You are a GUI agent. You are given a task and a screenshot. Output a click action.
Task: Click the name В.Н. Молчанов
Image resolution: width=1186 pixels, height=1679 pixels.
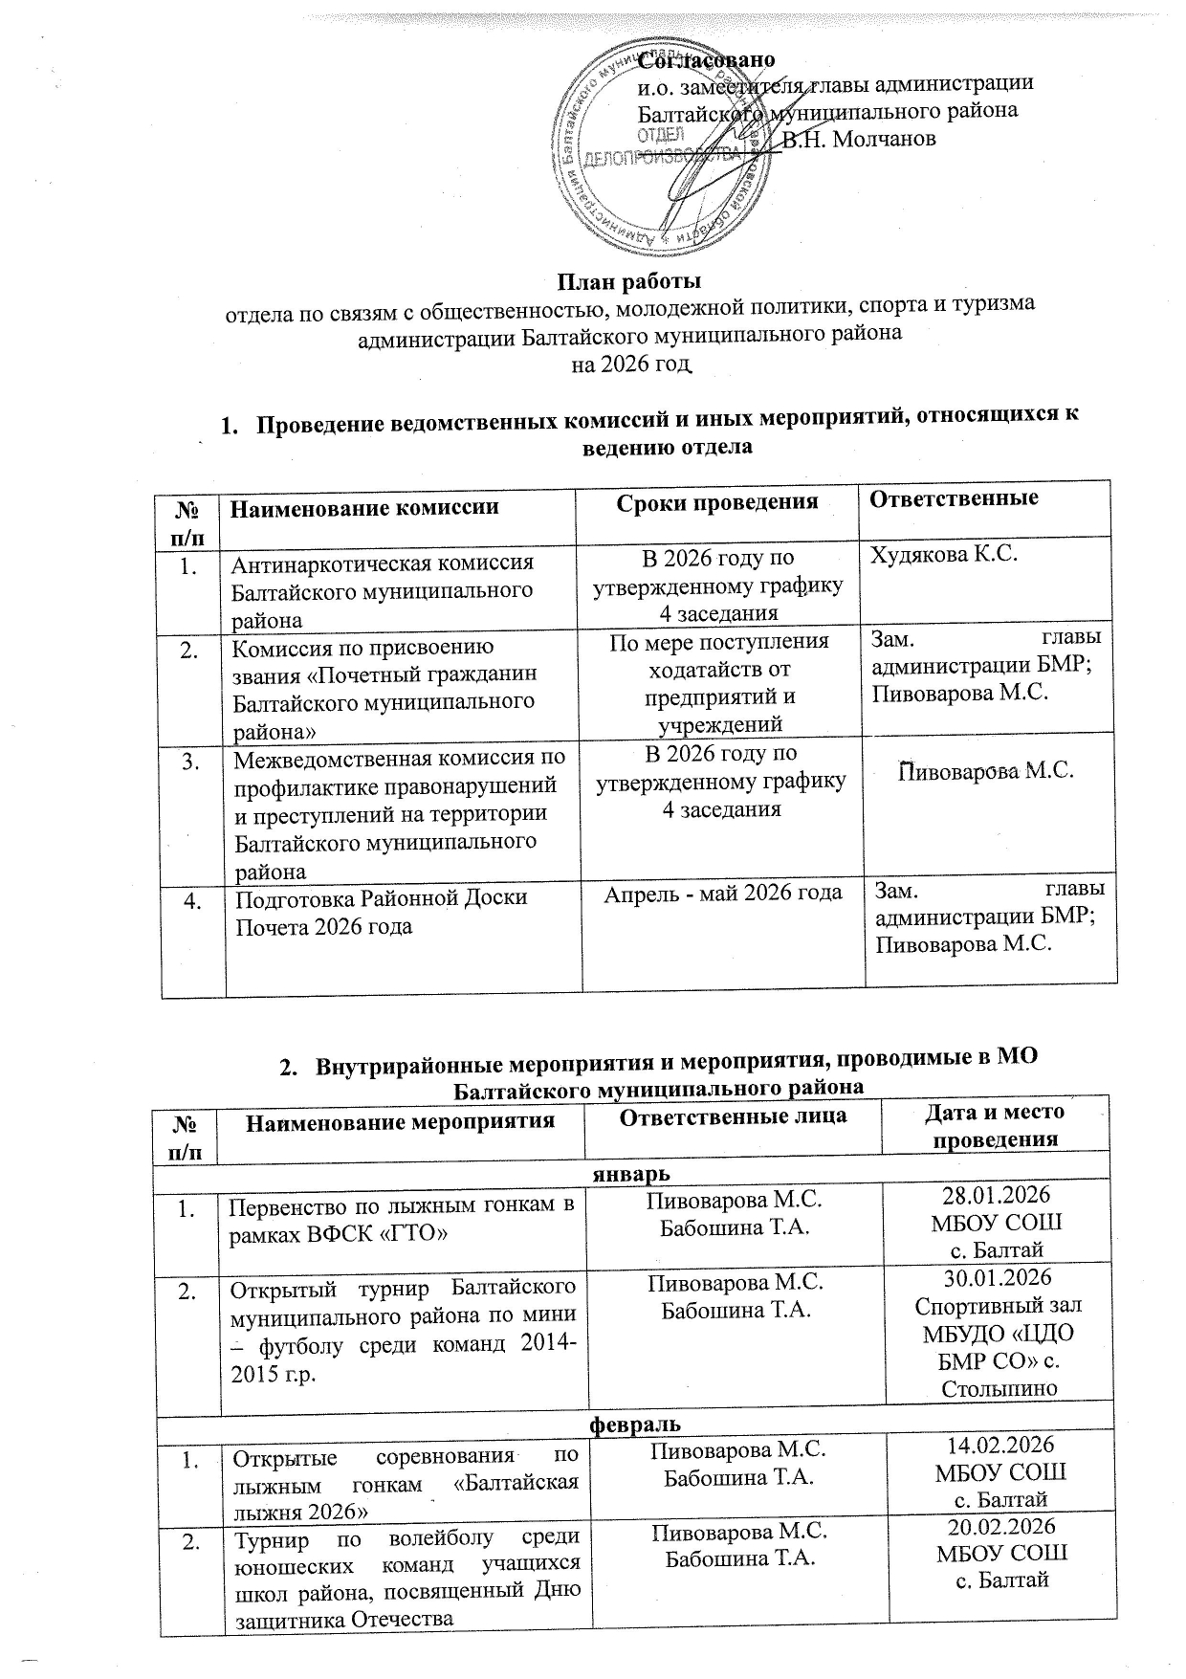pyautogui.click(x=859, y=140)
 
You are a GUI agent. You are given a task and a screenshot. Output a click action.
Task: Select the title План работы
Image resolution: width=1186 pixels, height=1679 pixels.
pyautogui.click(x=629, y=281)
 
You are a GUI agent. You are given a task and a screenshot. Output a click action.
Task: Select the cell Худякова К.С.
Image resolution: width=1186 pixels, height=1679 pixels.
pyautogui.click(x=933, y=554)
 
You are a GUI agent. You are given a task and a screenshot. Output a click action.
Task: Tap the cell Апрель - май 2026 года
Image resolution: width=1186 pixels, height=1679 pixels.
pyautogui.click(x=722, y=893)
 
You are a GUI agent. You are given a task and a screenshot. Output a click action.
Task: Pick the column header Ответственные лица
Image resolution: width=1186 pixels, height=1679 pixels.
pyautogui.click(x=733, y=1116)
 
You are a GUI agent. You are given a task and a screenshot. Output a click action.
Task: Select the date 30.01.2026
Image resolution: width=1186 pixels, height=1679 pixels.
pyautogui.click(x=999, y=1278)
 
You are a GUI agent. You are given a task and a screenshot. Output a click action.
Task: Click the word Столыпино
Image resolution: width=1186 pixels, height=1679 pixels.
pyautogui.click(x=1000, y=1387)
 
